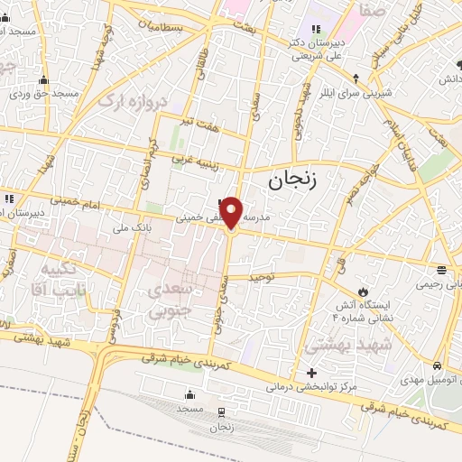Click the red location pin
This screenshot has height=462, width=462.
click(x=232, y=212)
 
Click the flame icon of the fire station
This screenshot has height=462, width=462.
click(x=363, y=291)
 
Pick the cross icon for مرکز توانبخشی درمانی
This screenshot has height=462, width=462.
click(x=312, y=373)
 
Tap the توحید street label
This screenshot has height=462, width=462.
click(x=273, y=278)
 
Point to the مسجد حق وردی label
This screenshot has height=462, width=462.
click(x=42, y=93)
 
